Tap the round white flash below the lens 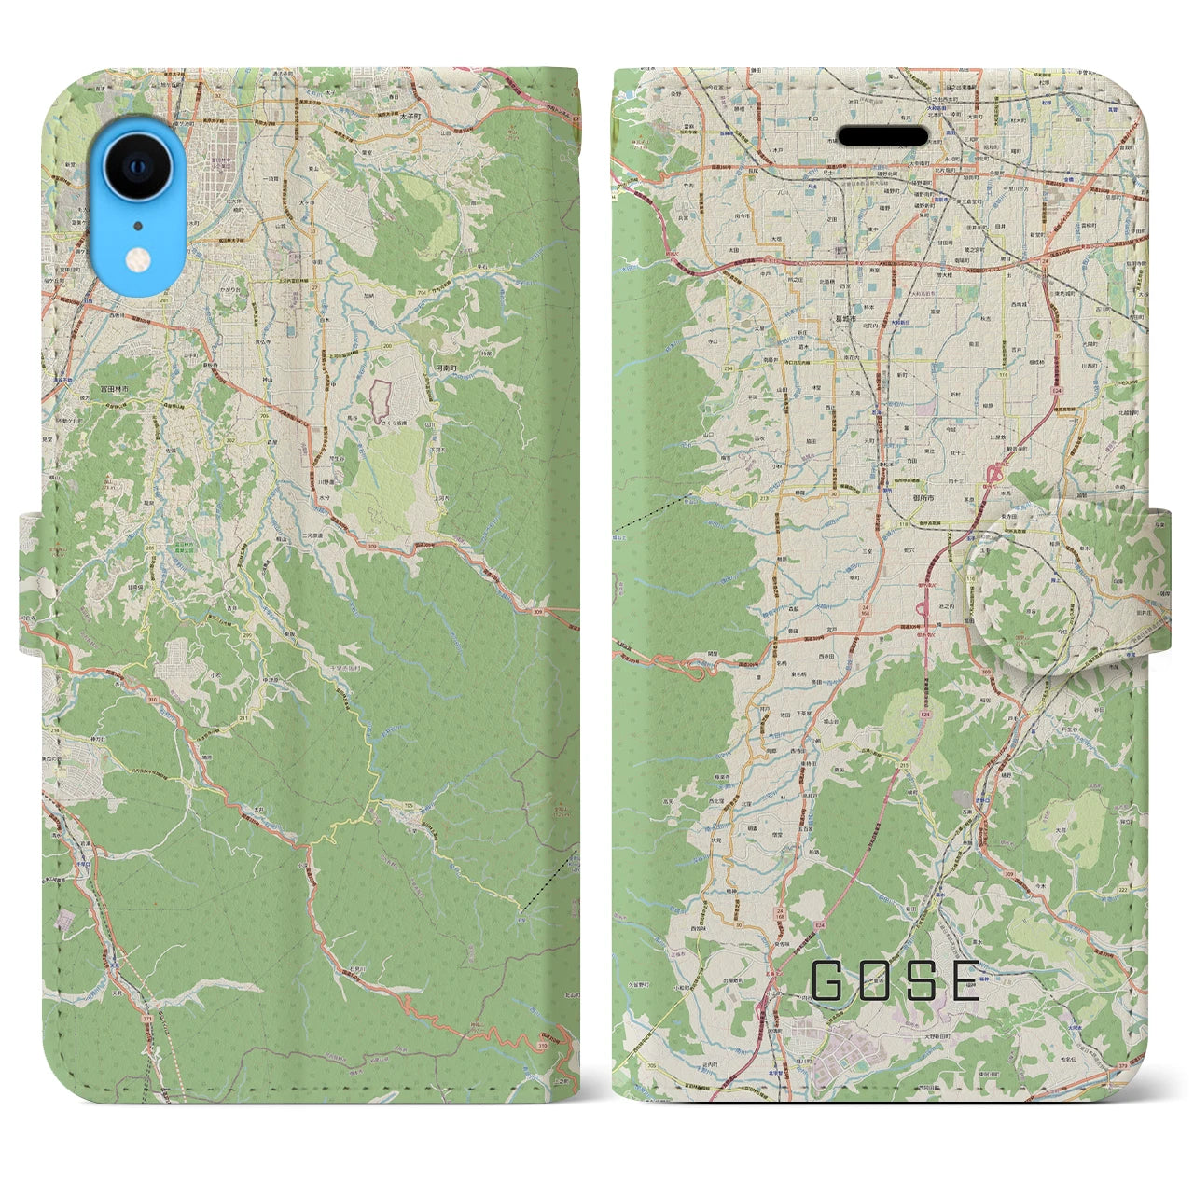pyautogui.click(x=138, y=257)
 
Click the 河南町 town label pyautogui.click(x=447, y=370)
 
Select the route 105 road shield pyautogui.click(x=408, y=804)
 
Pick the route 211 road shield pyautogui.click(x=216, y=718)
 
